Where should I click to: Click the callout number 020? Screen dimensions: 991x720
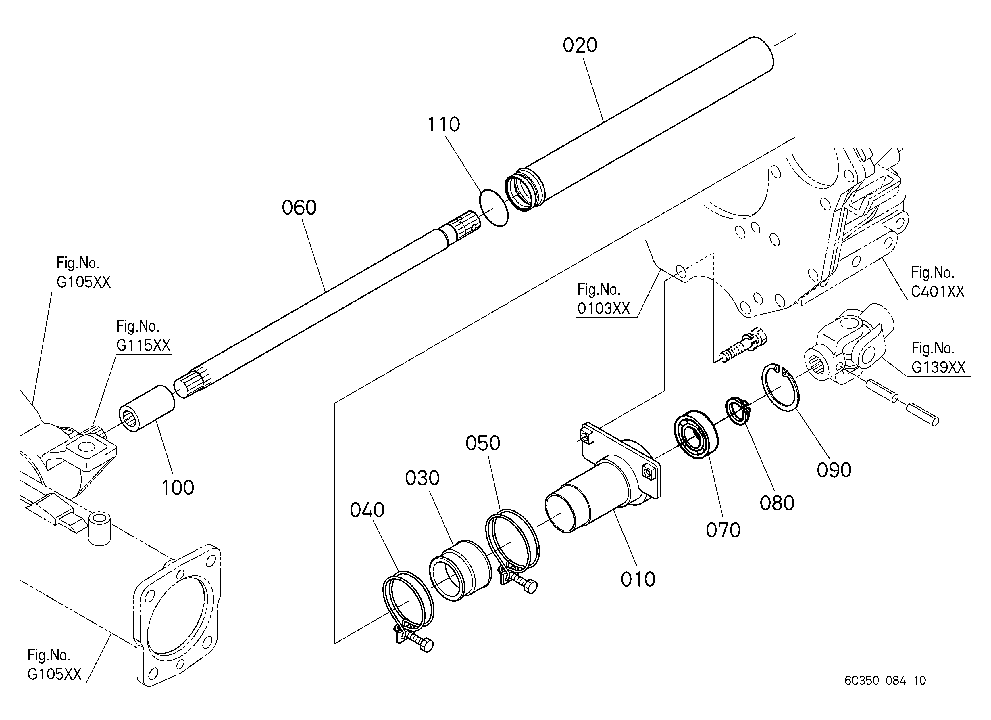580,45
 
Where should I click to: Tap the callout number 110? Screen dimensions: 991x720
444,125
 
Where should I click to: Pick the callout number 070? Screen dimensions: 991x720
723,530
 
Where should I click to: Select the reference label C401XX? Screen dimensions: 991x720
938,292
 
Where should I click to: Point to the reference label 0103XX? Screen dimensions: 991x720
603,309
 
